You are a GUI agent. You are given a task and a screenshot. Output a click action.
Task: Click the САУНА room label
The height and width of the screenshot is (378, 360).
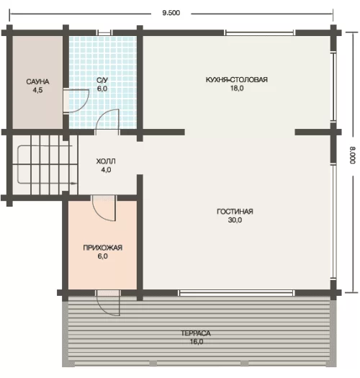(x=37, y=82)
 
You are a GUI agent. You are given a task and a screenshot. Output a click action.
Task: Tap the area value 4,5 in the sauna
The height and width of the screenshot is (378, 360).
(x=37, y=90)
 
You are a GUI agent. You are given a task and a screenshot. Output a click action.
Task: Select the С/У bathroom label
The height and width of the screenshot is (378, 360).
(x=102, y=80)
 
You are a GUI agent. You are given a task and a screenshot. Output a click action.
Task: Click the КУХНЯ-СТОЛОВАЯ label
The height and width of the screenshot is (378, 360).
(x=237, y=79)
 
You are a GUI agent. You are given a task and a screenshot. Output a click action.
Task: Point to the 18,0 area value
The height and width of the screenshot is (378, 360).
(x=237, y=89)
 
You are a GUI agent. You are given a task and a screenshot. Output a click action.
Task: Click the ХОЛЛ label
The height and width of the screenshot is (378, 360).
(x=106, y=161)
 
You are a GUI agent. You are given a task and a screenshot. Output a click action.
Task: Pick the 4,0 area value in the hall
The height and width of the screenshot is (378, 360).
(x=106, y=170)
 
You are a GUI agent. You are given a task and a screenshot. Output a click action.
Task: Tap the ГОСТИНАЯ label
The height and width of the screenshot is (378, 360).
(x=235, y=212)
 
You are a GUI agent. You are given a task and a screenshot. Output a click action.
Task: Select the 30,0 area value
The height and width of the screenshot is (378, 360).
(x=235, y=220)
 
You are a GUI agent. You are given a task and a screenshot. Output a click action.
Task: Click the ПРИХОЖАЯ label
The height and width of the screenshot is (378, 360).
(x=103, y=248)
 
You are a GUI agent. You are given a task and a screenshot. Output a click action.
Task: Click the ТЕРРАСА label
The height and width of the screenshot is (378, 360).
(x=196, y=333)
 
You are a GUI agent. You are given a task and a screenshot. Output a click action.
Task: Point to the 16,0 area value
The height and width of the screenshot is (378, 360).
(x=197, y=341)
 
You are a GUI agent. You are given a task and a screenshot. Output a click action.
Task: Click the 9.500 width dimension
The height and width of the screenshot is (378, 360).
(x=171, y=13)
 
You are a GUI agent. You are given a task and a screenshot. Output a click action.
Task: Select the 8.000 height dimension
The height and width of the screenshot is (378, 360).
(x=353, y=156)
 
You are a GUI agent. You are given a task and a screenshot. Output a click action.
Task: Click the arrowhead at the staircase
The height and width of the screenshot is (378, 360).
(x=74, y=184)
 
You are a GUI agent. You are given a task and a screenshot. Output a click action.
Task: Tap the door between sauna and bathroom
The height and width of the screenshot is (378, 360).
(x=76, y=101)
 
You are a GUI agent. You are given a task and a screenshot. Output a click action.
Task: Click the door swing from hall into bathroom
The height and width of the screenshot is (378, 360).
(x=107, y=120)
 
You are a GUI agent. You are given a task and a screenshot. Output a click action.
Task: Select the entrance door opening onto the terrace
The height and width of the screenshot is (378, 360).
(x=108, y=303)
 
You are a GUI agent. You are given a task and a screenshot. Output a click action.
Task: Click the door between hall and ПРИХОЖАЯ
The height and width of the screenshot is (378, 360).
(x=104, y=208)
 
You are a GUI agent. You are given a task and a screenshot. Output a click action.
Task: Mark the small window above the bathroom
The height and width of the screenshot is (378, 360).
(x=104, y=33)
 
